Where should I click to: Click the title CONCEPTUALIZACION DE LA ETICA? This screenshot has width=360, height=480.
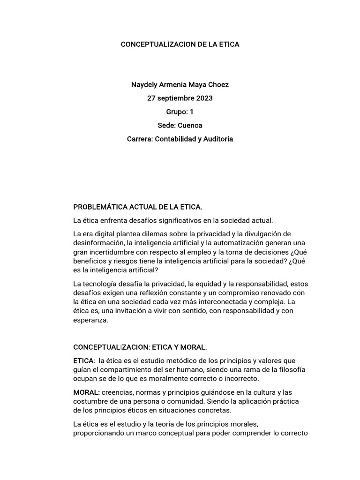tap(180, 45)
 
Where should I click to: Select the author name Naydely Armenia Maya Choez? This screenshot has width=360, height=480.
tap(180, 85)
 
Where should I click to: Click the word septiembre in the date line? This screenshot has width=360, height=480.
tap(174, 98)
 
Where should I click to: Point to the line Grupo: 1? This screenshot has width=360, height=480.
tap(180, 112)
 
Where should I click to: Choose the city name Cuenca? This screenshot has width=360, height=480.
tap(190, 126)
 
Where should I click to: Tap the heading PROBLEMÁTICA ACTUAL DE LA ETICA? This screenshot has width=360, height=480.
tap(138, 207)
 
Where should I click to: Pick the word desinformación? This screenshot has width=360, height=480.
tap(98, 243)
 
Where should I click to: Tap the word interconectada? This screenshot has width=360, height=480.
tap(231, 302)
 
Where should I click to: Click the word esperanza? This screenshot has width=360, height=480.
tap(91, 321)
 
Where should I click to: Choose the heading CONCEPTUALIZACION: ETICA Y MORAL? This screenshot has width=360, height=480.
tap(140, 347)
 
